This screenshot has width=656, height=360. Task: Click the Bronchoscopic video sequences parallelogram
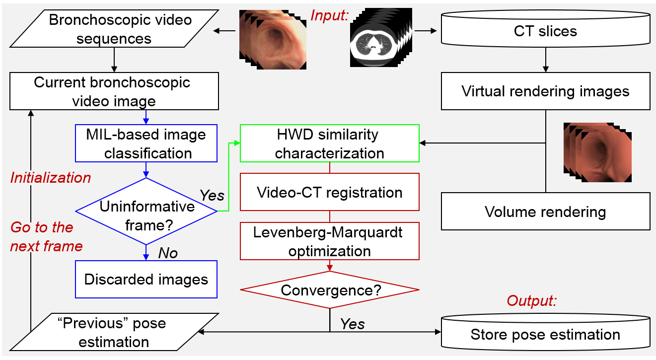[x=114, y=30]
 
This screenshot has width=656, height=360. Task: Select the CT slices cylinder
[x=545, y=31]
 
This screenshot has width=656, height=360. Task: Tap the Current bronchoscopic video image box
[x=114, y=91]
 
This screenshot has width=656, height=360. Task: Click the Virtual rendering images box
[x=545, y=91]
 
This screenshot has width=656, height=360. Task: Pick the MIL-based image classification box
[x=146, y=144]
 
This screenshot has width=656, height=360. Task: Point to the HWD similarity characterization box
[x=330, y=143]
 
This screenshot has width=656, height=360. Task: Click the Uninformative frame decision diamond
[x=146, y=212]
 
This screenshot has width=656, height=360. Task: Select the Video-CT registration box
[x=330, y=192]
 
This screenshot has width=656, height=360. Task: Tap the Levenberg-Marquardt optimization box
[x=330, y=241]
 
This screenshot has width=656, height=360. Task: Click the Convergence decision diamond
[x=330, y=290]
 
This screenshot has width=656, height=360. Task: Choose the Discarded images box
[x=146, y=279]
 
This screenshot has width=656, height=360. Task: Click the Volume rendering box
[x=545, y=212]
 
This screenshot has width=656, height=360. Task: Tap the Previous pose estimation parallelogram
[x=114, y=332]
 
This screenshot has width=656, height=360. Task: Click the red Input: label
[x=329, y=15]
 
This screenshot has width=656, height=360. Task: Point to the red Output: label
[x=531, y=301]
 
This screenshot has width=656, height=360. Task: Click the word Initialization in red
[x=51, y=177]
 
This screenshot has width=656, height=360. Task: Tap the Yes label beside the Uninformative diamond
[x=212, y=195]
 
